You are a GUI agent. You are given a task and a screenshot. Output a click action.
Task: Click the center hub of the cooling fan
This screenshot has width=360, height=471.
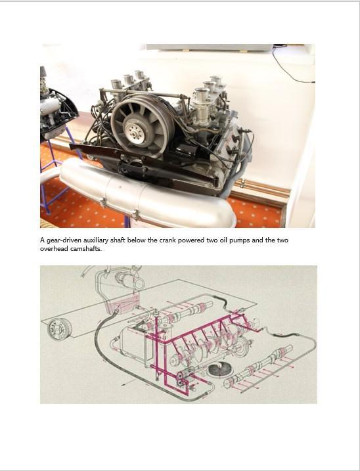[x=134, y=130]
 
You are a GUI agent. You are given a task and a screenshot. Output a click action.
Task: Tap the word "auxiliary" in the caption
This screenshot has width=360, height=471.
[x=96, y=240]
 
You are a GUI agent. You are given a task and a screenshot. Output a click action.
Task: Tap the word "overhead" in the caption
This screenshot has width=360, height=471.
[x=54, y=249]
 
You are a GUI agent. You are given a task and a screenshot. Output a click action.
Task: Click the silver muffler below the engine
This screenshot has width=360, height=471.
[x=145, y=195]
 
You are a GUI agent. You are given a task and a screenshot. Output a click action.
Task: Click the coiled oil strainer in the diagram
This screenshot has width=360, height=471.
[x=219, y=369]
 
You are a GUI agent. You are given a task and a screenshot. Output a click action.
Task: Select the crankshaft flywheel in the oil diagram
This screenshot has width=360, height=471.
[x=244, y=345]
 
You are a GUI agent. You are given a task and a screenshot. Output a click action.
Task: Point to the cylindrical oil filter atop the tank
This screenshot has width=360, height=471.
[x=132, y=280]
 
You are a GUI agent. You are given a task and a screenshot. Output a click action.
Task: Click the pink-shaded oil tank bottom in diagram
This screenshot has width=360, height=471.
[x=124, y=304]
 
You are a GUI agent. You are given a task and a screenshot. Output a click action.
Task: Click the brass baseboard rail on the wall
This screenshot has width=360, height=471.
[x=261, y=189]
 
